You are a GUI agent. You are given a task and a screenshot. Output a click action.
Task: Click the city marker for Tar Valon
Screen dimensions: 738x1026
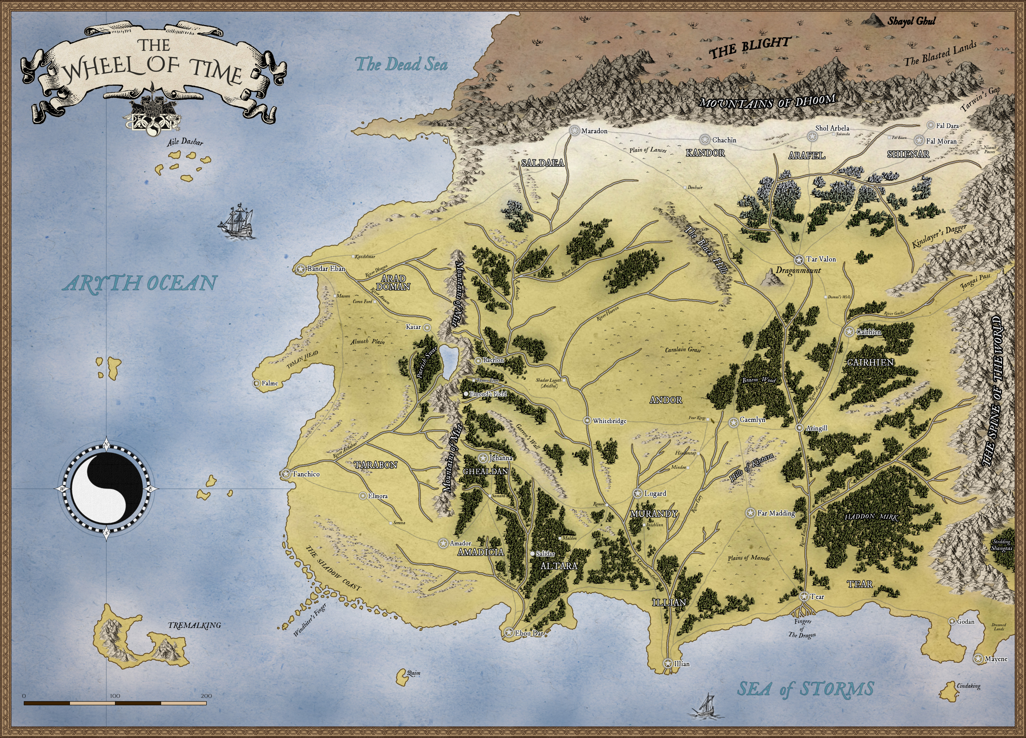(x=798, y=260)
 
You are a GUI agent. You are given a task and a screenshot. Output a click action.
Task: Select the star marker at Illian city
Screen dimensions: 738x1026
(x=668, y=663)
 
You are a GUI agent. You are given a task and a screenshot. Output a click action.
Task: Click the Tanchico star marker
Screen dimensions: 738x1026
(x=285, y=474)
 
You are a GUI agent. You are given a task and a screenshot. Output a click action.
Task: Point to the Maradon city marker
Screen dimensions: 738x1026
(x=575, y=131)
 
